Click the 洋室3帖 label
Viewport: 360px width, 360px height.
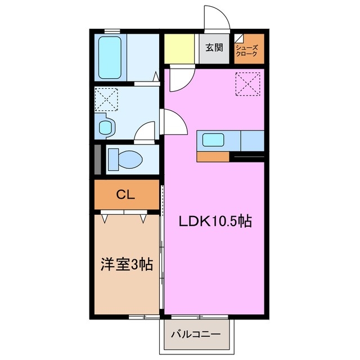coord(127,264)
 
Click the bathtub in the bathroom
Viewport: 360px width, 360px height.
coord(110,58)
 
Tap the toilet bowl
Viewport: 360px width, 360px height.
coord(125,159)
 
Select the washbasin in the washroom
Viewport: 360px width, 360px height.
coord(106,127)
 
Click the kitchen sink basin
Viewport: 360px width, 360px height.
coord(214,140)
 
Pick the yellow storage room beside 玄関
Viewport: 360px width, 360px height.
coord(179,49)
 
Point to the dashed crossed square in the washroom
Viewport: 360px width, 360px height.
coord(106,99)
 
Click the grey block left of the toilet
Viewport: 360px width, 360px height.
coord(97,159)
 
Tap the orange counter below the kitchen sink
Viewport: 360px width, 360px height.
coord(213,156)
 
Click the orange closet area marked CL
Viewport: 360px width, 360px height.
coord(127,195)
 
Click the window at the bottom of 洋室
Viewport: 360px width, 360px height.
coord(144,317)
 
